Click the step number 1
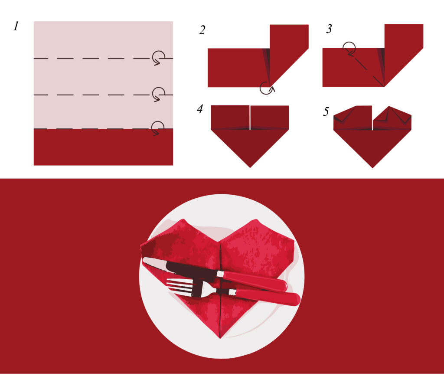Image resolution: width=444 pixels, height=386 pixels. [x=16, y=26]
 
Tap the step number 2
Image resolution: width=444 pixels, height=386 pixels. [x=202, y=30]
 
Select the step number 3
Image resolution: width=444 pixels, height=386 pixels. [x=329, y=29]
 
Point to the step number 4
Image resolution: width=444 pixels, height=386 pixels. [x=200, y=109]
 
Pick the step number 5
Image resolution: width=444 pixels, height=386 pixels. [x=326, y=111]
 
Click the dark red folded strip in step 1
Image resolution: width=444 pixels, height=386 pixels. [x=103, y=147]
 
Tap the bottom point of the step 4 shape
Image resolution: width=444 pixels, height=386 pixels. [x=250, y=168]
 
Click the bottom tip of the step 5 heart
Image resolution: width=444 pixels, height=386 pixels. [x=372, y=168]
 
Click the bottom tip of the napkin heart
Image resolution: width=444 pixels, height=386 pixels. [x=220, y=338]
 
